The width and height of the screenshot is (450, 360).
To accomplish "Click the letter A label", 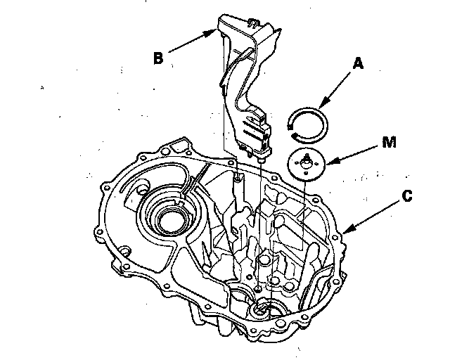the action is (357, 64).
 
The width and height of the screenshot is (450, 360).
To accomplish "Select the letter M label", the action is (388, 143).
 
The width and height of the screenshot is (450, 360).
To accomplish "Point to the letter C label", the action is (406, 198).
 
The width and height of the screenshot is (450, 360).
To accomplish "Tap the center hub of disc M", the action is (307, 162).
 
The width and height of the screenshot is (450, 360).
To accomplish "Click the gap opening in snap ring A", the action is (294, 127).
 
